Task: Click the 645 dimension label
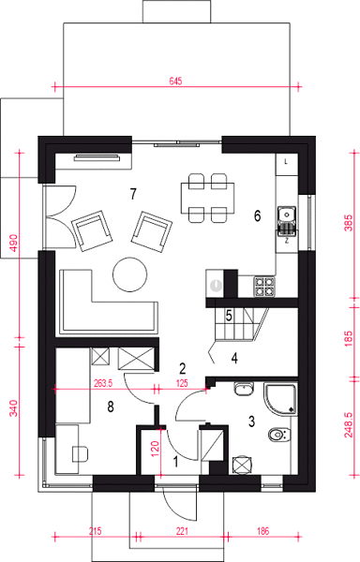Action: point(175,81)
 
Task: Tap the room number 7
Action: point(133,194)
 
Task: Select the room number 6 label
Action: point(257,215)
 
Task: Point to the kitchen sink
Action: point(287,219)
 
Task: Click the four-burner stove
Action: point(264,287)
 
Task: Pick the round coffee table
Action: point(129,274)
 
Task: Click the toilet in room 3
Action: point(279,435)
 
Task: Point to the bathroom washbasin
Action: point(244,389)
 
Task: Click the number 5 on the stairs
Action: point(229,316)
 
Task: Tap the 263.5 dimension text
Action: point(103,383)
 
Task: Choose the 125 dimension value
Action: point(182,383)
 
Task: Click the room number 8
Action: point(111,407)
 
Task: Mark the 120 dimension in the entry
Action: point(155,449)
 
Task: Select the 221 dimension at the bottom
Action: point(182,531)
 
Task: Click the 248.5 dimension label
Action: point(349,424)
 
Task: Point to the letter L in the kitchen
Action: point(286,162)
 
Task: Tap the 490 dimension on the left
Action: point(13,243)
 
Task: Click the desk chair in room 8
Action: point(81,454)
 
